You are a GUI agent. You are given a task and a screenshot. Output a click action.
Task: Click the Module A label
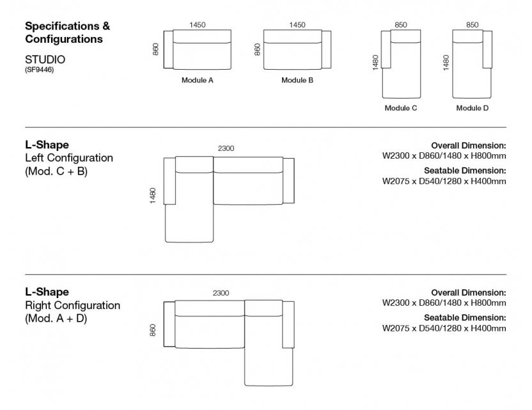pos(198,81)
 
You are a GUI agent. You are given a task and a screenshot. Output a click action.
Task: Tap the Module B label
pos(297,81)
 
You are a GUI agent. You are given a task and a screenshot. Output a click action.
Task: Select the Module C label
pos(401,108)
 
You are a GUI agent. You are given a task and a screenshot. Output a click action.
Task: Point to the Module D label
pos(473,108)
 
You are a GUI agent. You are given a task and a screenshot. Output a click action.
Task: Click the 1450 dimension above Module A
pos(198,25)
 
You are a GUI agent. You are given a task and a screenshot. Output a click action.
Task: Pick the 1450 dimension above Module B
pos(297,25)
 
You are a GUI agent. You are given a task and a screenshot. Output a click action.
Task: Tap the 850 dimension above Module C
pos(401,25)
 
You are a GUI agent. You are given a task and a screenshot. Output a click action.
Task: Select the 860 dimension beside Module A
pos(155,50)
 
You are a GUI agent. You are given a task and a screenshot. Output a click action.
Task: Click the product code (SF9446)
pos(39,70)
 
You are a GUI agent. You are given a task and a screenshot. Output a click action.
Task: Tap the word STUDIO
pos(45,59)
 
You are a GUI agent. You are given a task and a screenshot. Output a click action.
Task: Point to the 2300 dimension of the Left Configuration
pos(226,148)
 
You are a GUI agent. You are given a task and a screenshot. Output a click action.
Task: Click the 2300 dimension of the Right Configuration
pos(221,293)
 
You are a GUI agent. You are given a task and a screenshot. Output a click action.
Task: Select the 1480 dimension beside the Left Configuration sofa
pos(152,195)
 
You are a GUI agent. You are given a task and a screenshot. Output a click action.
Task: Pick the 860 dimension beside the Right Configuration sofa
pos(153,330)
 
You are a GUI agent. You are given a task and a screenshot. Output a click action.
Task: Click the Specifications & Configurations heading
pos(67,33)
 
